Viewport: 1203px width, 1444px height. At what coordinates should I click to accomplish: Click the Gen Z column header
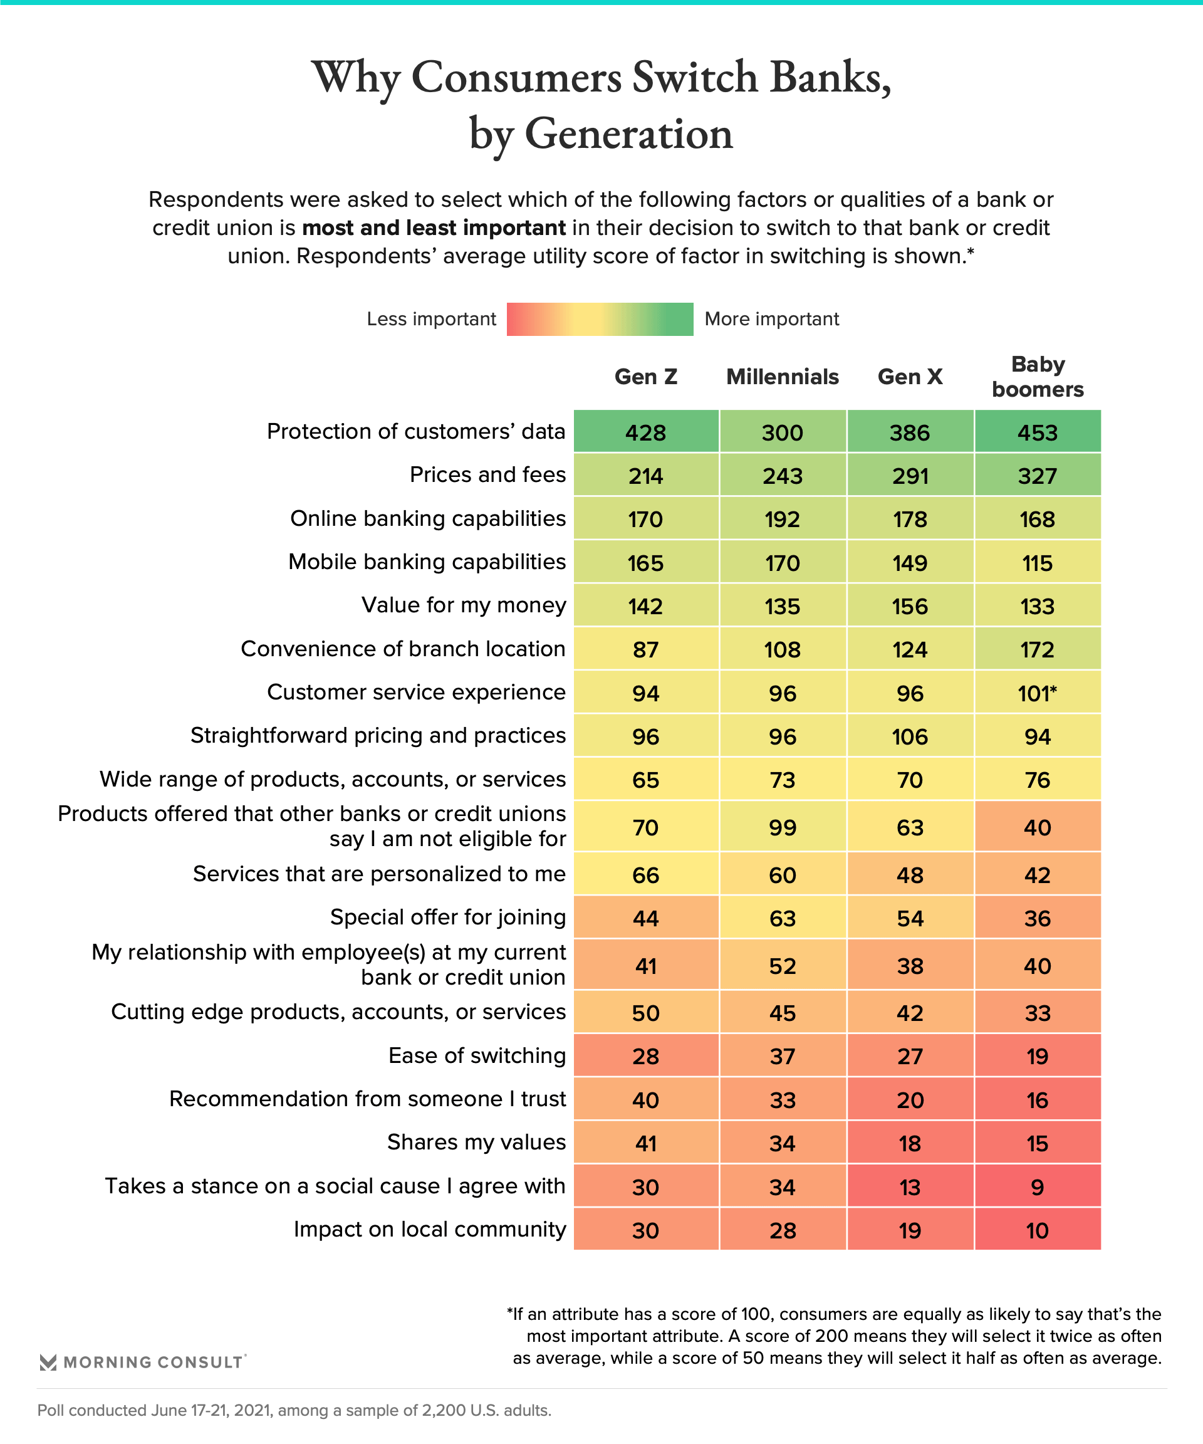645,377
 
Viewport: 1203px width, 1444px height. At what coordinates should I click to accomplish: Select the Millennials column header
783,377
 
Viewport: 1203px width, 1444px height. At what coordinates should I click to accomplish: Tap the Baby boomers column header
1038,377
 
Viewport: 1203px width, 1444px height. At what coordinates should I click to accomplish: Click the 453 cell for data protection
1038,432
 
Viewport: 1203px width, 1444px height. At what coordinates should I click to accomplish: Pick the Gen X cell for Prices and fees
910,475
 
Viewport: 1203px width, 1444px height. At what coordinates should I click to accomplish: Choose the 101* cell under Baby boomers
1038,693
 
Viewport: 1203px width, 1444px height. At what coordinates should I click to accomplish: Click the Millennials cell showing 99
783,827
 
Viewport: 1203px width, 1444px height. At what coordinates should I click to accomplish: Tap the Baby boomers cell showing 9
1038,1187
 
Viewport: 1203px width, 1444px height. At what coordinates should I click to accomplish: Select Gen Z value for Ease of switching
645,1055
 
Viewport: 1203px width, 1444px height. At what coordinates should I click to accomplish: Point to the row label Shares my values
476,1142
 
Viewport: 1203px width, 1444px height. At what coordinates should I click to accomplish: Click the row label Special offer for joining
448,918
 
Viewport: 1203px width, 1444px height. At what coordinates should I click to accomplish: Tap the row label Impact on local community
430,1230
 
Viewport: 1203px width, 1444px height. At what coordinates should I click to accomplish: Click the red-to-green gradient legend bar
600,319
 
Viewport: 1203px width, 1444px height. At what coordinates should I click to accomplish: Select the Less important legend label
431,319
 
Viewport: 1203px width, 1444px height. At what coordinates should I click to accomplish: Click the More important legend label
771,319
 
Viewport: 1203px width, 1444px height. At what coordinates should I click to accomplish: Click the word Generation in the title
629,133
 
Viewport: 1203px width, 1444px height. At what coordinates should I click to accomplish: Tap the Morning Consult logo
142,1362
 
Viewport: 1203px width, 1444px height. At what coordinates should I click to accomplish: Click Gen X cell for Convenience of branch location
910,649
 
